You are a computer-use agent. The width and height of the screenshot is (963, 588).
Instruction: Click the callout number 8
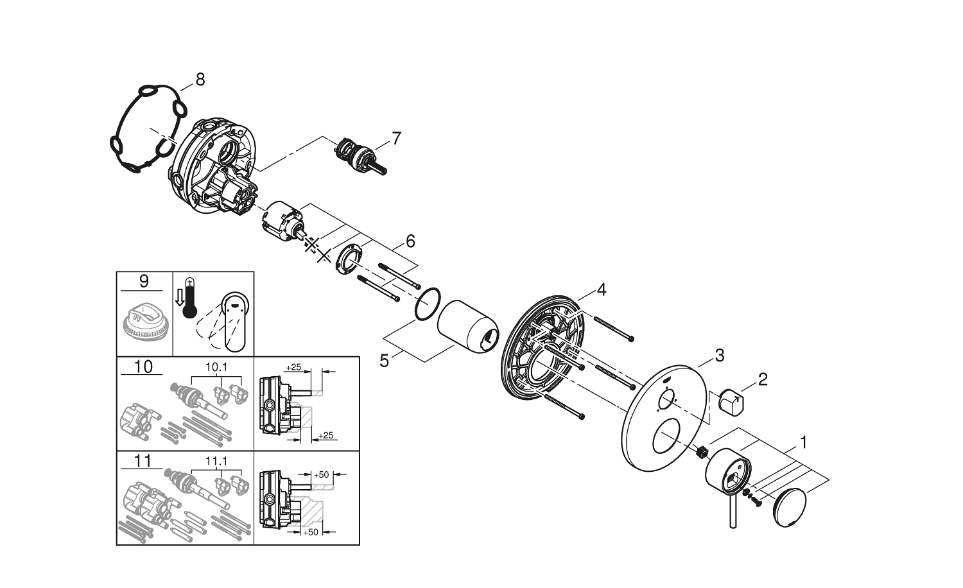click(200, 80)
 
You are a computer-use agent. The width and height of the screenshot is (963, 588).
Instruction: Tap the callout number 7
click(396, 138)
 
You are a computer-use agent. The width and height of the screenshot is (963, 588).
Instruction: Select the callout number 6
click(410, 241)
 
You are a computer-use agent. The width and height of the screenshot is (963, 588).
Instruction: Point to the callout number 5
click(385, 361)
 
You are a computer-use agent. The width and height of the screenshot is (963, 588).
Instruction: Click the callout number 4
click(601, 290)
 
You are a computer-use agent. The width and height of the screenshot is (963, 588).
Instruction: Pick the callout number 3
click(719, 355)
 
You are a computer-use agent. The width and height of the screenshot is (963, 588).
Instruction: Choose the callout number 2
click(762, 379)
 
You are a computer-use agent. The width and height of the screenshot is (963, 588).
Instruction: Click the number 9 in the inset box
click(144, 281)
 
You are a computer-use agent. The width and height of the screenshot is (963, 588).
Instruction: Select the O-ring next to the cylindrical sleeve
click(428, 303)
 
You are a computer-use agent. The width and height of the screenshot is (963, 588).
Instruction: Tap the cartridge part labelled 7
click(360, 157)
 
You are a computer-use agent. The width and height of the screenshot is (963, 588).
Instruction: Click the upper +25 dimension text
click(293, 367)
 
